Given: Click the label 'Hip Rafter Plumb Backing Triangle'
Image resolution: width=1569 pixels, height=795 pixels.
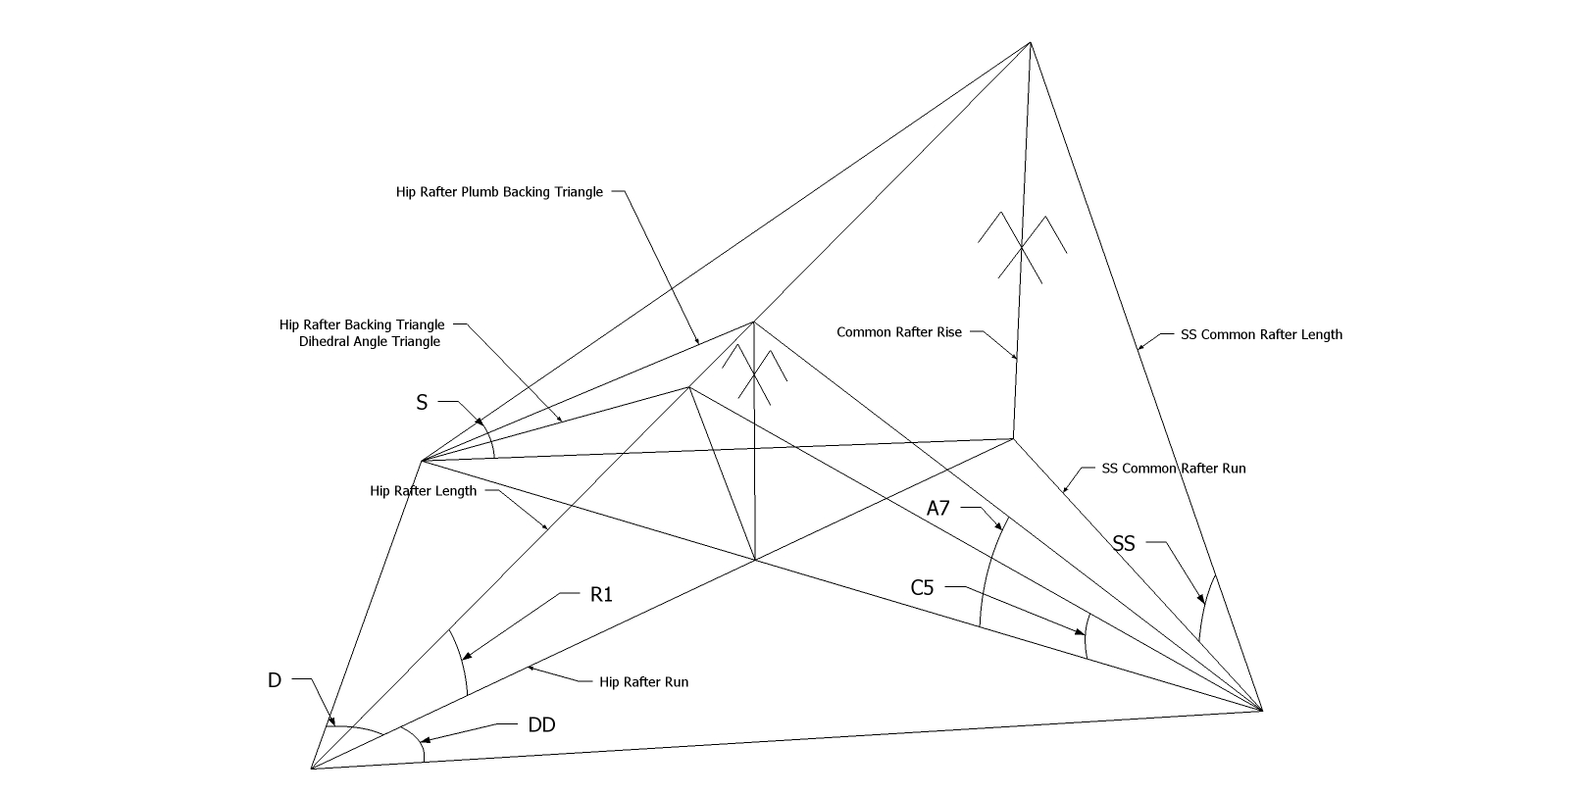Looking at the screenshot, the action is (499, 192).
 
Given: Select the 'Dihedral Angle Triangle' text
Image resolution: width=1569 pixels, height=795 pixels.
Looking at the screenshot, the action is (370, 342).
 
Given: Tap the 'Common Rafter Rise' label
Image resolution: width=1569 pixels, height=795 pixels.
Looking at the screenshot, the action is (899, 332).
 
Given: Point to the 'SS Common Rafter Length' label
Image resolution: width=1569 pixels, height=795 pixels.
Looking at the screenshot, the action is (1261, 335).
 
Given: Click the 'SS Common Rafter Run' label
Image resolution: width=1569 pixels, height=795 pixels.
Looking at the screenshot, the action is (1174, 469).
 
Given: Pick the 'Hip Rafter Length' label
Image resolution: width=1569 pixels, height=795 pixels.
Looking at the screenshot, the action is (423, 491).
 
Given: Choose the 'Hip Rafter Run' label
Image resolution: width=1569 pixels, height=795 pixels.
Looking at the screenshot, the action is (643, 682).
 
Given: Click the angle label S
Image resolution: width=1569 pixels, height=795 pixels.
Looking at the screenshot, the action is (422, 403).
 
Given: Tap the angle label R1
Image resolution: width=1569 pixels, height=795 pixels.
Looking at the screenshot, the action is (602, 595).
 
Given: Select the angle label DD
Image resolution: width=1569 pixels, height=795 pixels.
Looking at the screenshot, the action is (541, 725).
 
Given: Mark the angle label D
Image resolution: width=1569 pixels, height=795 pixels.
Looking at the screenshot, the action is (275, 680).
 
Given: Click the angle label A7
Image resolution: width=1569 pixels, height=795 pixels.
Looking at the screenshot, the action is (938, 508).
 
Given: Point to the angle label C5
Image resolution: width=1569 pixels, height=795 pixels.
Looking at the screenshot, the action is (923, 587).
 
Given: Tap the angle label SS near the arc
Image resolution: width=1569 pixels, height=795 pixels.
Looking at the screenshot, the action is (1124, 543).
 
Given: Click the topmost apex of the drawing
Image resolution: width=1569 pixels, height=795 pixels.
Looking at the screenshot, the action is (1030, 43).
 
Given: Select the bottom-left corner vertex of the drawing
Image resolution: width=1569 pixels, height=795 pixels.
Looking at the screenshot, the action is (312, 769).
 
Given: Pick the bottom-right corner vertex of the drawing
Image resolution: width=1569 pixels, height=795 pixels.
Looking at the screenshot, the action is (1261, 711).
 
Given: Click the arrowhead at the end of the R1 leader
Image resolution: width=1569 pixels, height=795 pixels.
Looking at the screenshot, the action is (466, 657).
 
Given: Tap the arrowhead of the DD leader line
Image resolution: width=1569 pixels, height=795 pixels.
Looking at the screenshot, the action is (425, 740).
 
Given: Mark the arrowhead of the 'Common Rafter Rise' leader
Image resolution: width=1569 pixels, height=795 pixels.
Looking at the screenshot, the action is (1014, 356).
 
